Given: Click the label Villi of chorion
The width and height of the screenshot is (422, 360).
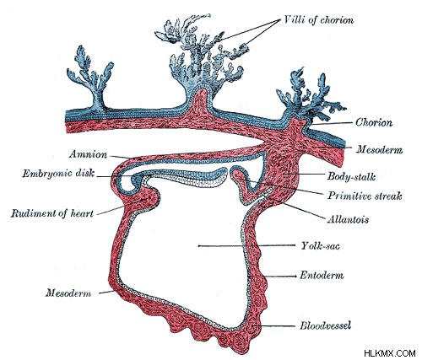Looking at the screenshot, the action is pos(319,20).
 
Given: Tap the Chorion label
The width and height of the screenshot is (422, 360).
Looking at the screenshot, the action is pos(374,122).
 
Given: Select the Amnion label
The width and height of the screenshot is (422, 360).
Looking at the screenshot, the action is pos(89,154).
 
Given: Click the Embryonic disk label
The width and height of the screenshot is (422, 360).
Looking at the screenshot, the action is pos(58,173).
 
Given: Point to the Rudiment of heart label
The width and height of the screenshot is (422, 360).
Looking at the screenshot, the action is pos(52,213).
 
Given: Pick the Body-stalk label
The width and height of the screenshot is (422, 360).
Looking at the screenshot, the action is pos(351,176).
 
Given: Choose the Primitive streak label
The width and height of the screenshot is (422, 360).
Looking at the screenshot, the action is pos(365,196).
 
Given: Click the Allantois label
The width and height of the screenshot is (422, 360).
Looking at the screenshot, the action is pos(348,219).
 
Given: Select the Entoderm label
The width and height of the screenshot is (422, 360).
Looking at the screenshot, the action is pos(322,275).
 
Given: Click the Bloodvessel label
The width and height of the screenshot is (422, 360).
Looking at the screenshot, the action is pos(326,325).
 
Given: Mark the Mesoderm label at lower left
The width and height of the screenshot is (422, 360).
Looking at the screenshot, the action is pos(68,293).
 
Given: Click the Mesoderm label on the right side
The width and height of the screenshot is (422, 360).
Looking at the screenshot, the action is pos(379,149).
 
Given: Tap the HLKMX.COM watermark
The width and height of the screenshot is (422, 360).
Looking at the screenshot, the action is pos(390,353).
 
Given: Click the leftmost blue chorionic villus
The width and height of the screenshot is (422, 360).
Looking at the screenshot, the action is pos(90,80).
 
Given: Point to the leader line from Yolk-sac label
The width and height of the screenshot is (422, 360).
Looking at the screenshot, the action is pos(246,245).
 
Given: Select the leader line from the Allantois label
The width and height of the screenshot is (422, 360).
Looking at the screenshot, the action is pos(302,210).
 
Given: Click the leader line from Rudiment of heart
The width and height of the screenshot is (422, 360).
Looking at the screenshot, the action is pos(111,211).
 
